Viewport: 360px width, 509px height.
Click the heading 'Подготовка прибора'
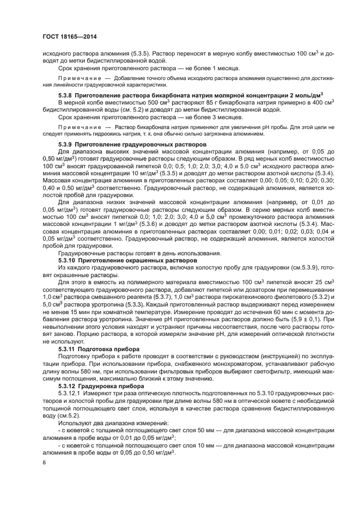click(109, 347)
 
